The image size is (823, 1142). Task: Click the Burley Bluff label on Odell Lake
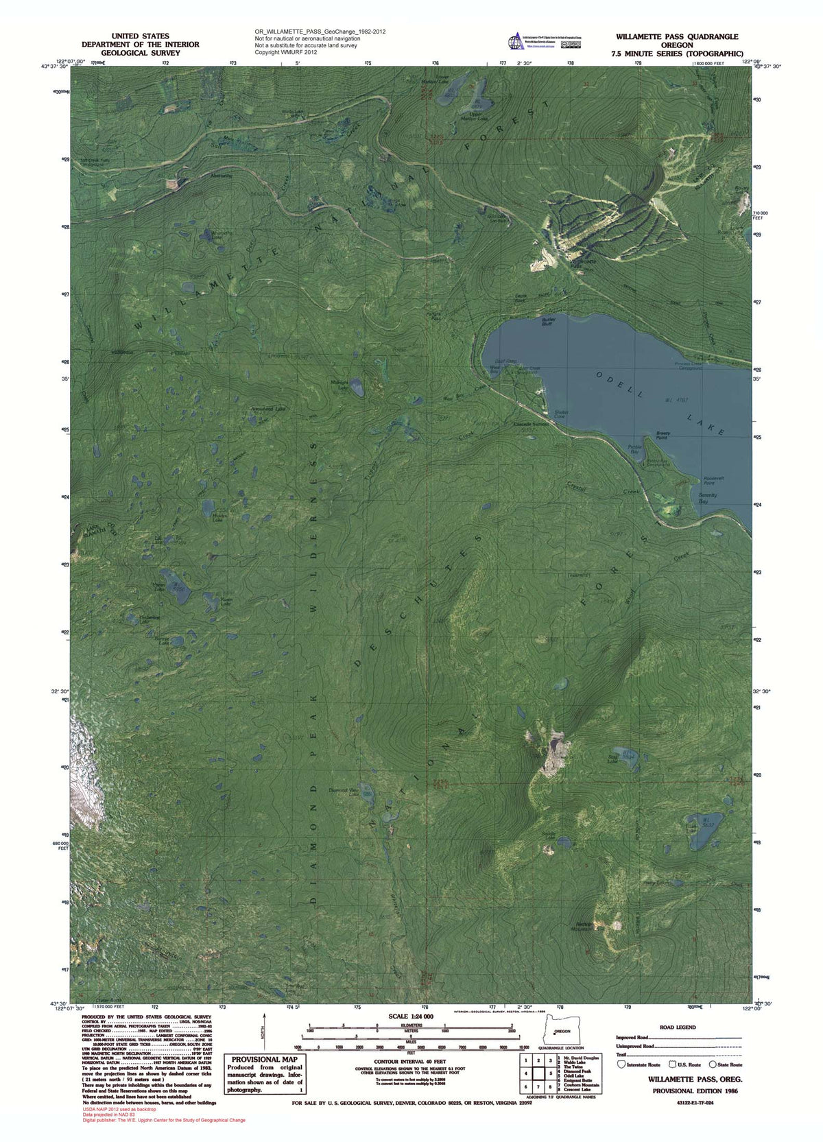(547, 321)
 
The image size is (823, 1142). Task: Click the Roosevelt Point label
(713, 480)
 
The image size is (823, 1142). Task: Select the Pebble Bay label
(634, 449)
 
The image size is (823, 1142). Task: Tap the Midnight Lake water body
(357, 389)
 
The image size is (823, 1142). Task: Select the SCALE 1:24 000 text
(411, 1016)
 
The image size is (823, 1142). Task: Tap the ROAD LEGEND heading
(677, 1027)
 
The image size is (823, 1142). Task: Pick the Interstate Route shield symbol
(621, 1064)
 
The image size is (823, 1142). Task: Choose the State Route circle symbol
(713, 1064)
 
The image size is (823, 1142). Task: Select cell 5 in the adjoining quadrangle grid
(539, 1073)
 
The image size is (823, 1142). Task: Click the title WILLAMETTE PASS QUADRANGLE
(676, 37)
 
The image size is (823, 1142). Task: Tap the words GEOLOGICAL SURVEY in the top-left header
(141, 53)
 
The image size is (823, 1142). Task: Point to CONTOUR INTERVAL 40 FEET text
(409, 1061)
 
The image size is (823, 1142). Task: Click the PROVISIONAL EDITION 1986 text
(695, 1091)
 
